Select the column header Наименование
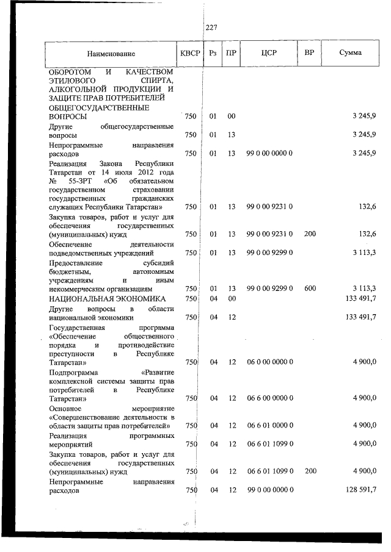[111, 54]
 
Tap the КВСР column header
[190, 53]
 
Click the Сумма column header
[350, 53]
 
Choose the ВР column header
[309, 53]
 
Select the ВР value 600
[309, 289]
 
